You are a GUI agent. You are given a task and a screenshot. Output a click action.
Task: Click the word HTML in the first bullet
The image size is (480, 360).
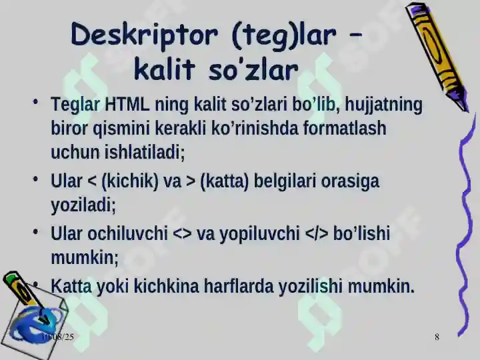(127, 105)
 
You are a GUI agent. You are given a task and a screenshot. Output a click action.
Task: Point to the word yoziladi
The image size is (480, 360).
(83, 205)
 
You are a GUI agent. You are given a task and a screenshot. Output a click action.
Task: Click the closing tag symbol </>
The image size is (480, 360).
(317, 233)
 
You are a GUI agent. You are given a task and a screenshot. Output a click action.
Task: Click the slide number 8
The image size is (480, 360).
(437, 337)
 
